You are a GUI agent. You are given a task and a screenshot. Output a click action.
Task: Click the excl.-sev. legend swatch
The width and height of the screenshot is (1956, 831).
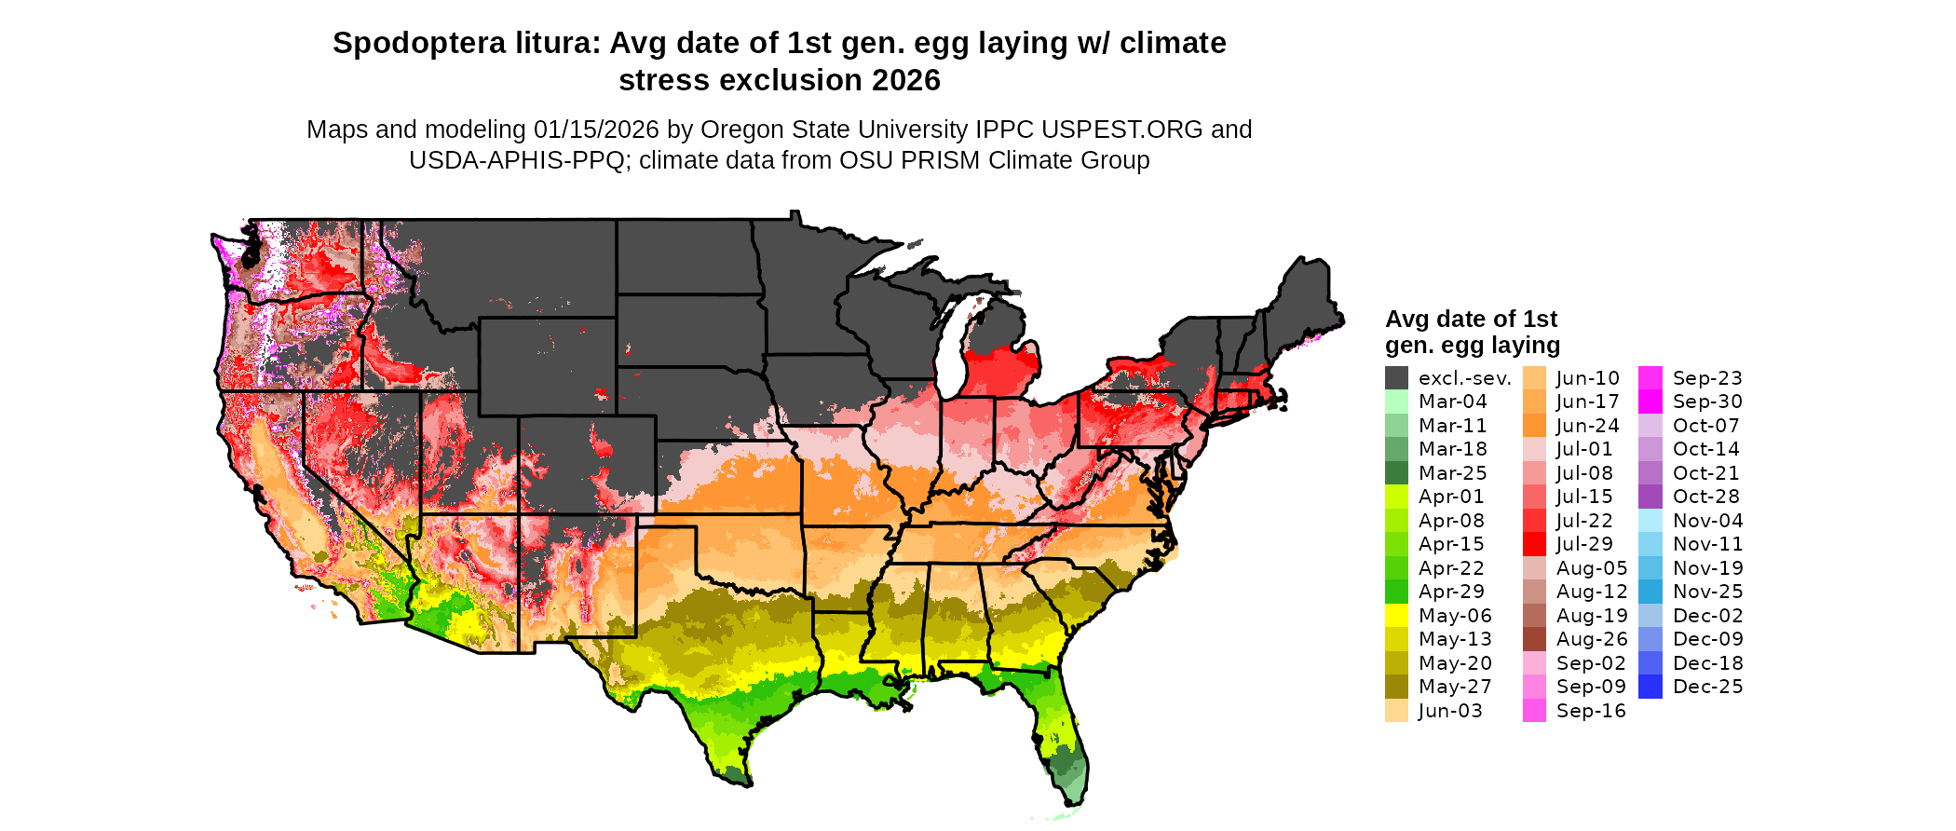[1396, 378]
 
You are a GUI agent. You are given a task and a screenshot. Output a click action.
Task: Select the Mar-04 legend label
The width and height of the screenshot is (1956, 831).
[1452, 402]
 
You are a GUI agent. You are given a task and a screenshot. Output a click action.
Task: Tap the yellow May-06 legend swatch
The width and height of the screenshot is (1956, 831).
[1396, 616]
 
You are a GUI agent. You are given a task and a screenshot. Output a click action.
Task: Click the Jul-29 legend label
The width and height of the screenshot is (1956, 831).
[1583, 544]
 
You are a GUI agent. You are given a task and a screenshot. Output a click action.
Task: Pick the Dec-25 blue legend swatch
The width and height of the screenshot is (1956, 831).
[1650, 687]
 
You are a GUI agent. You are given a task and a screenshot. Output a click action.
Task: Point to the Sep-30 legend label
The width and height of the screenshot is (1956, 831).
[1706, 402]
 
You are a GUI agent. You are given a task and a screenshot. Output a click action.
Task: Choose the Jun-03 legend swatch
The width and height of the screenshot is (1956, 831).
[1396, 711]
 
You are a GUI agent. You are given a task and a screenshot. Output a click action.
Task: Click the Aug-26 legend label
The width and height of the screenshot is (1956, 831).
[1591, 639]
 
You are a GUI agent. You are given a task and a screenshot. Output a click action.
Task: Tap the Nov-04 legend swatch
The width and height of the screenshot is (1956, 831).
[1650, 521]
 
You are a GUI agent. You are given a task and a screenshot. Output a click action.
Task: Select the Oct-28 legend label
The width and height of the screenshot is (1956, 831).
[1705, 497]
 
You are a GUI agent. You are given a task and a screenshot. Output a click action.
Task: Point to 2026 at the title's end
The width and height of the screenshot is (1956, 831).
[906, 80]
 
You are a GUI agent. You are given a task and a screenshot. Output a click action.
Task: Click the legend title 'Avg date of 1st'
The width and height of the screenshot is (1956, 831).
[1471, 320]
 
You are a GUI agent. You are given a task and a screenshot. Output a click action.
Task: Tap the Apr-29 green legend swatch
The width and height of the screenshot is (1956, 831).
[1396, 592]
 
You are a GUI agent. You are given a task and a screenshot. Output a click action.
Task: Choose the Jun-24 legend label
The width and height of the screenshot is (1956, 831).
[1587, 426]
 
